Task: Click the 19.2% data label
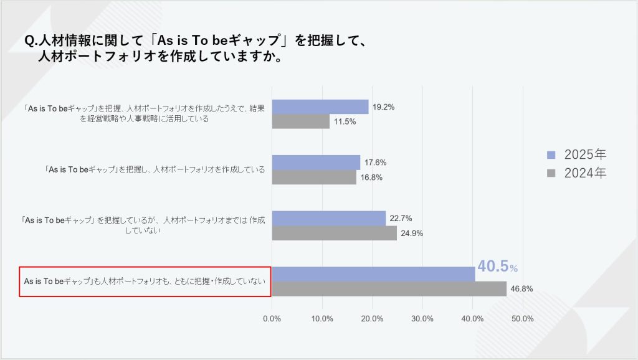pyautogui.click(x=383, y=107)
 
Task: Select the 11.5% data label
pyautogui.click(x=345, y=121)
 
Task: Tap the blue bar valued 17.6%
pyautogui.click(x=316, y=163)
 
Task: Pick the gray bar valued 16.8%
pyautogui.click(x=314, y=178)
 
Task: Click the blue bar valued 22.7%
pyautogui.click(x=329, y=219)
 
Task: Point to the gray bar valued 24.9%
pyautogui.click(x=334, y=234)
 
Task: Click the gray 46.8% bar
pyautogui.click(x=389, y=289)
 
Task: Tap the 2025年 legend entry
pyautogui.click(x=576, y=154)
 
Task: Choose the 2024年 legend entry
pyautogui.click(x=576, y=173)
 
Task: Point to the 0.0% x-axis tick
pyautogui.click(x=272, y=319)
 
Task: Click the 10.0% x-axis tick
pyautogui.click(x=322, y=319)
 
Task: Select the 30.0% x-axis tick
pyautogui.click(x=422, y=319)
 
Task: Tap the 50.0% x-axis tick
pyautogui.click(x=522, y=319)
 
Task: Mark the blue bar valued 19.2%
pyautogui.click(x=320, y=107)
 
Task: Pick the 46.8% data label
pyautogui.click(x=521, y=289)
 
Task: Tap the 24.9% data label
pyautogui.click(x=412, y=234)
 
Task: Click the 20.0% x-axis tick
pyautogui.click(x=373, y=319)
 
